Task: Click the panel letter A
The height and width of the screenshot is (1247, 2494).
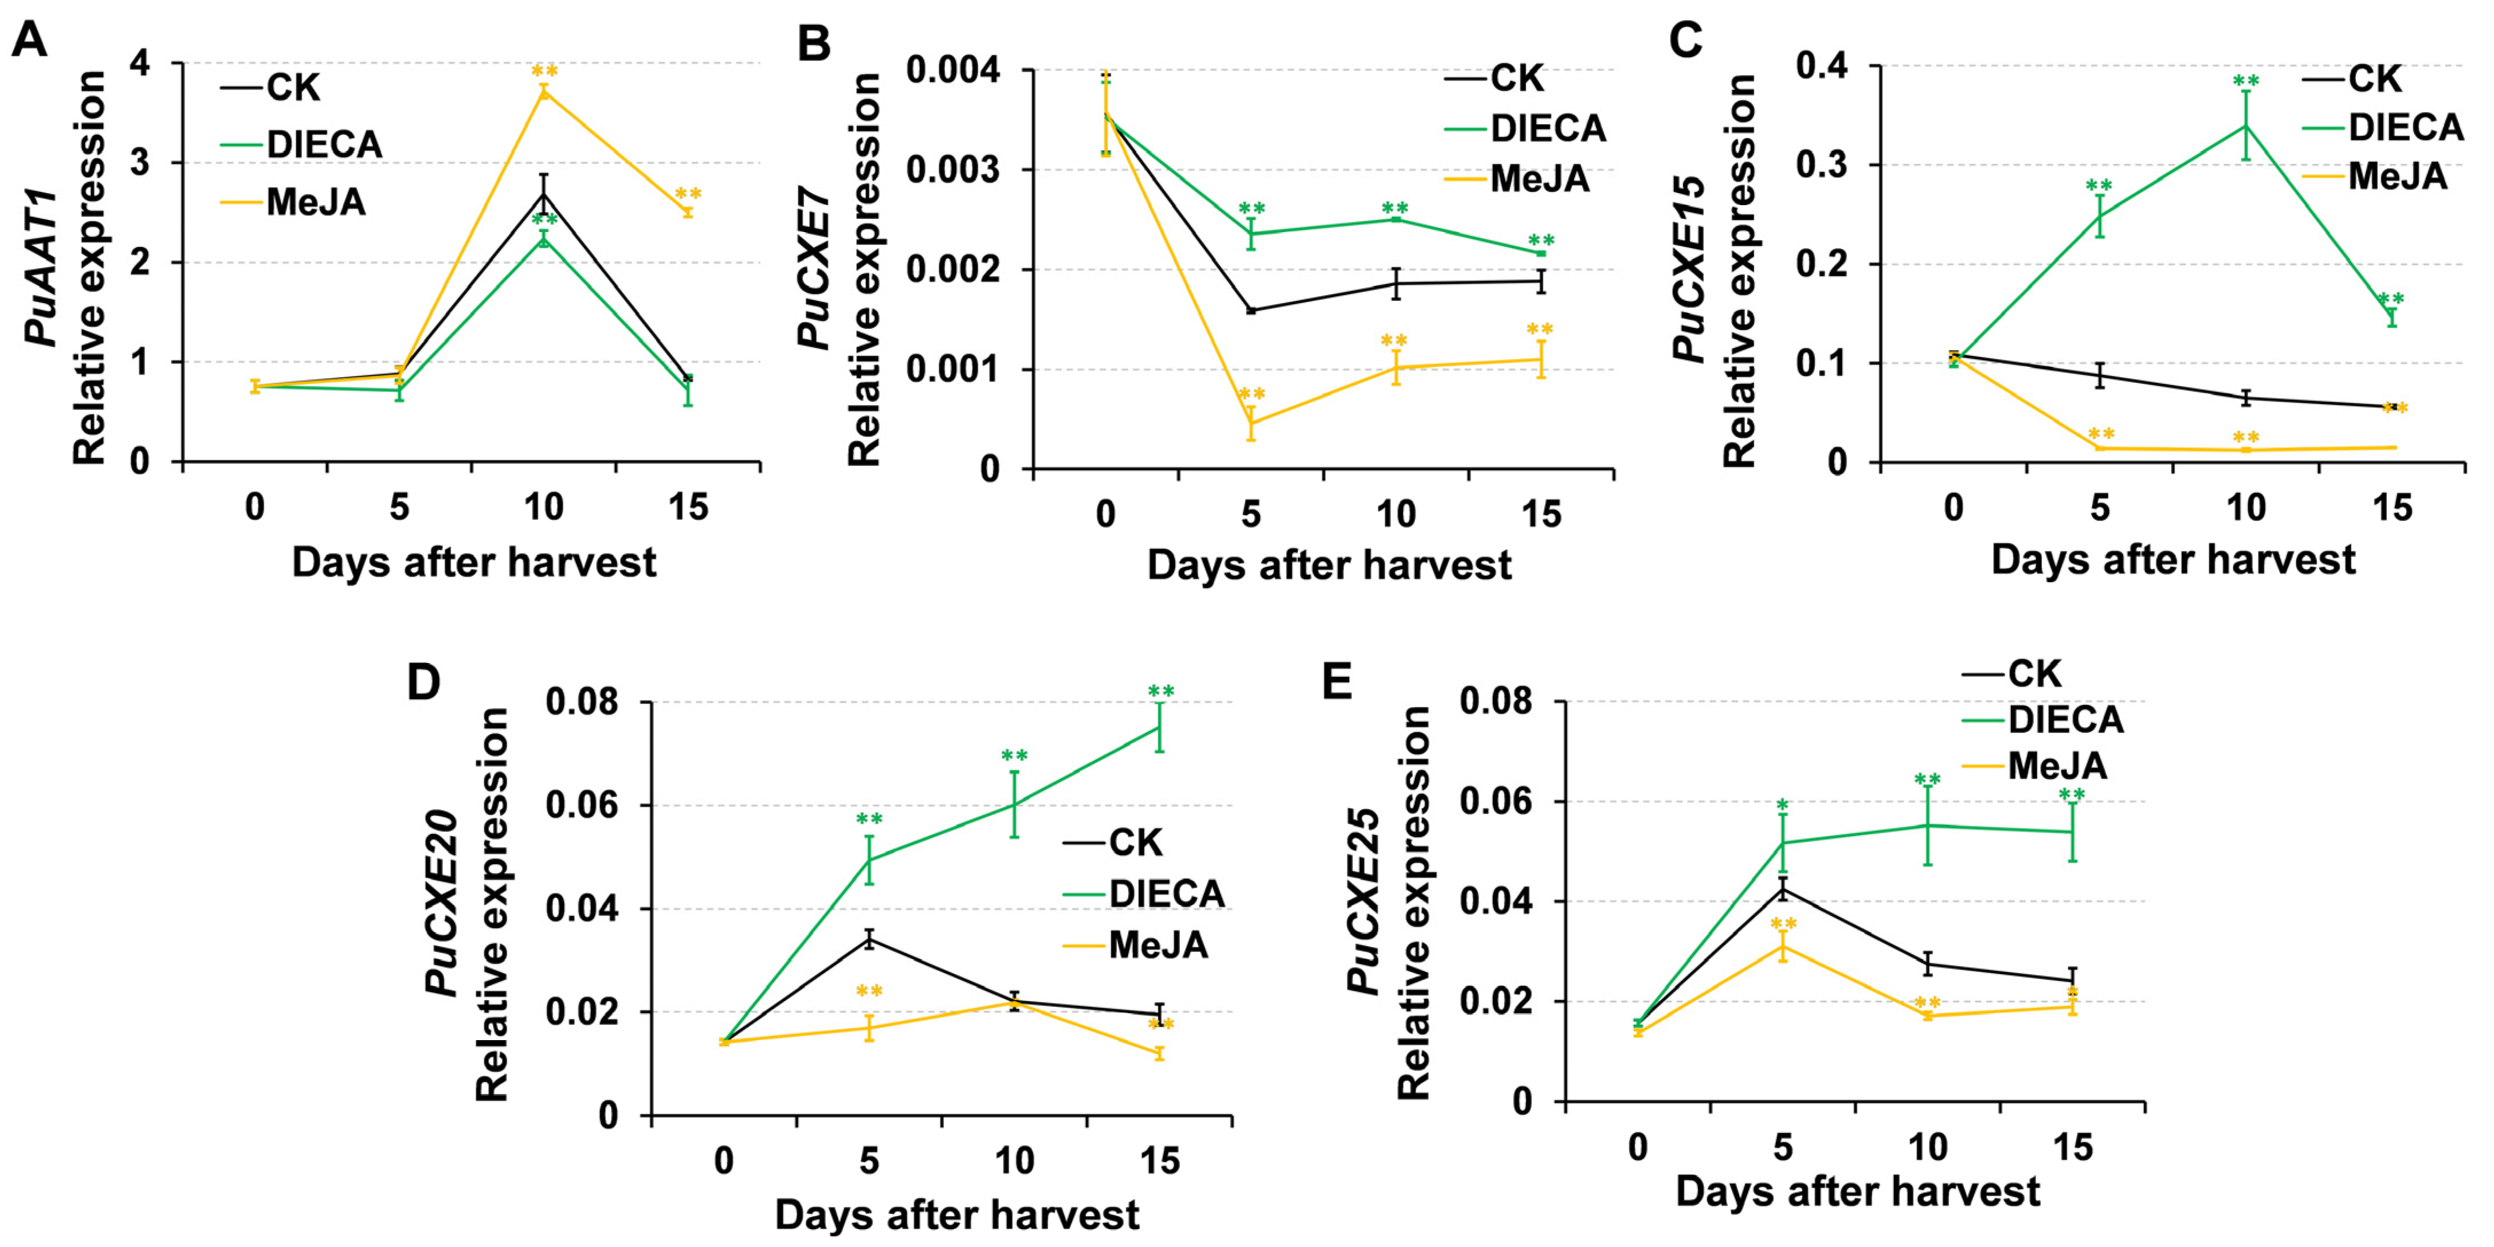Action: pyautogui.click(x=29, y=41)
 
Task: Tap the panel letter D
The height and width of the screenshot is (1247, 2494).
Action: pyautogui.click(x=423, y=683)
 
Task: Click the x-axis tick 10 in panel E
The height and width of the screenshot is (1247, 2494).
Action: pyautogui.click(x=1927, y=1147)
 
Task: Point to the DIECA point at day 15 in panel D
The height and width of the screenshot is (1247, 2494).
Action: pyautogui.click(x=1159, y=727)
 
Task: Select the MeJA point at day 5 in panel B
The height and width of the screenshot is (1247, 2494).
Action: pyautogui.click(x=1251, y=423)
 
